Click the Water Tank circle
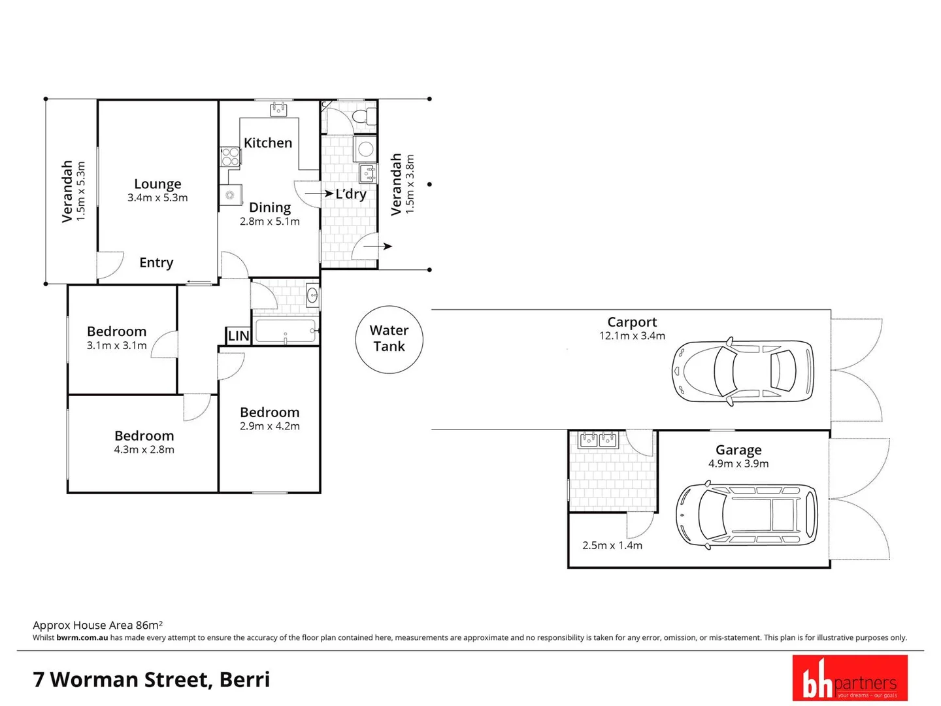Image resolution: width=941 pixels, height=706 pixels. click(389, 339)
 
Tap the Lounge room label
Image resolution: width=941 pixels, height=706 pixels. click(157, 184)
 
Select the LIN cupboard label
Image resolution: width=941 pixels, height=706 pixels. click(239, 336)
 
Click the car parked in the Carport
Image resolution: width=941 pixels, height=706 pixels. click(743, 371)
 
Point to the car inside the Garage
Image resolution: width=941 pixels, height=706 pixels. click(746, 515)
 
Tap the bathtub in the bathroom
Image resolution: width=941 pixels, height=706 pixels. click(286, 331)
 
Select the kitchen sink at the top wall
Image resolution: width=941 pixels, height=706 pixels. click(279, 109)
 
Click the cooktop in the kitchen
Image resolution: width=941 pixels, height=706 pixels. click(229, 157)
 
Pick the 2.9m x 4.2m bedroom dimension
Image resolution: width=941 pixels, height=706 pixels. click(269, 426)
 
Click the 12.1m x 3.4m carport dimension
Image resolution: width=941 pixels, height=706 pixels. click(632, 336)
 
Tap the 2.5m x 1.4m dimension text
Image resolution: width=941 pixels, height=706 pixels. click(612, 545)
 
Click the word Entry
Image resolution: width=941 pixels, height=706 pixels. click(156, 263)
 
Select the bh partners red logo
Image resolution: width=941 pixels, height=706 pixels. click(850, 678)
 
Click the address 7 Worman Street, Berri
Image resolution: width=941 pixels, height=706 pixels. click(152, 679)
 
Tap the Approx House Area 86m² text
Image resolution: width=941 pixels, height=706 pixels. click(97, 625)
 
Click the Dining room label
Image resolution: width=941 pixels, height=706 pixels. click(270, 207)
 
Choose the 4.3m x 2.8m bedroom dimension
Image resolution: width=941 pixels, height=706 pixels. click(144, 450)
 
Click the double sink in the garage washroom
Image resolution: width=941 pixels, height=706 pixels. click(599, 440)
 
